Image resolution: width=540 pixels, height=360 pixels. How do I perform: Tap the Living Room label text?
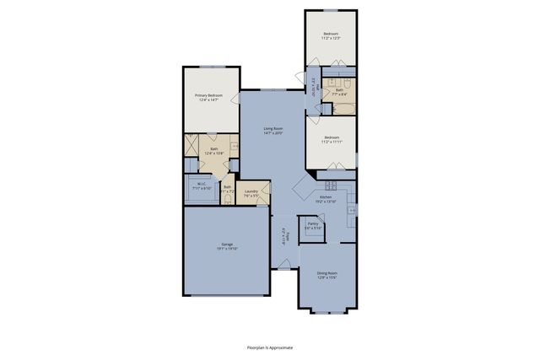273,128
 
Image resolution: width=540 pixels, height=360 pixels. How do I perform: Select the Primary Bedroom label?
210,95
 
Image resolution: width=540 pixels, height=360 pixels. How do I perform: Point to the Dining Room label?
327,272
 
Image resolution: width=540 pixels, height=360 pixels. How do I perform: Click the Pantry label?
312,223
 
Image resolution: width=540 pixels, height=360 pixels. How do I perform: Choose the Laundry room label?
251,191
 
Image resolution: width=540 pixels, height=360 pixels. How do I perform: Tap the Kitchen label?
326,197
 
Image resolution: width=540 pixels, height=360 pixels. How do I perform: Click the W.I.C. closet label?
202,184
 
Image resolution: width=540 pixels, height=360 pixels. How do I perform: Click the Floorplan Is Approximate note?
270,346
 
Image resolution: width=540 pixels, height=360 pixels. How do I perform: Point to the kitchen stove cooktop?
331,184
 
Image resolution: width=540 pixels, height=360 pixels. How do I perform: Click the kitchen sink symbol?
351,209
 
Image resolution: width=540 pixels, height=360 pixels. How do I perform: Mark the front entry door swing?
283,263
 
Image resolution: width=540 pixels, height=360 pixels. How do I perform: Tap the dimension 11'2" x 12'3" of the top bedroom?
330,39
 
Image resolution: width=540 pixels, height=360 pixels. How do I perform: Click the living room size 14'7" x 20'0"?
273,133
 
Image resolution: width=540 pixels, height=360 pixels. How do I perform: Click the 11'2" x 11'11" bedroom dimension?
330,142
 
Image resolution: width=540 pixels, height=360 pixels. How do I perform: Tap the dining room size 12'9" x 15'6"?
327,277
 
